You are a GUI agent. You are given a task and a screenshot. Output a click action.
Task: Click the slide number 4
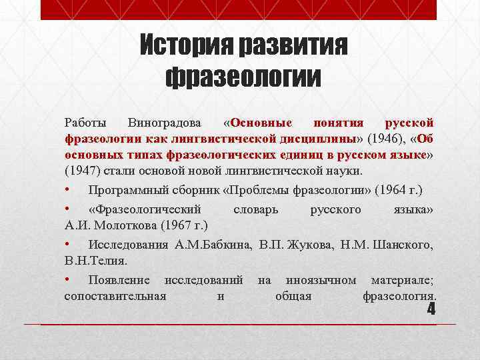[x=430, y=309]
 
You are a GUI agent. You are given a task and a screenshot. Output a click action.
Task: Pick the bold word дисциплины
[x=325, y=139]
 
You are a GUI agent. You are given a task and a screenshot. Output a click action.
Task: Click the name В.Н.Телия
[x=95, y=261]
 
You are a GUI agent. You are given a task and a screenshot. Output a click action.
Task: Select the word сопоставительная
[x=115, y=295]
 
